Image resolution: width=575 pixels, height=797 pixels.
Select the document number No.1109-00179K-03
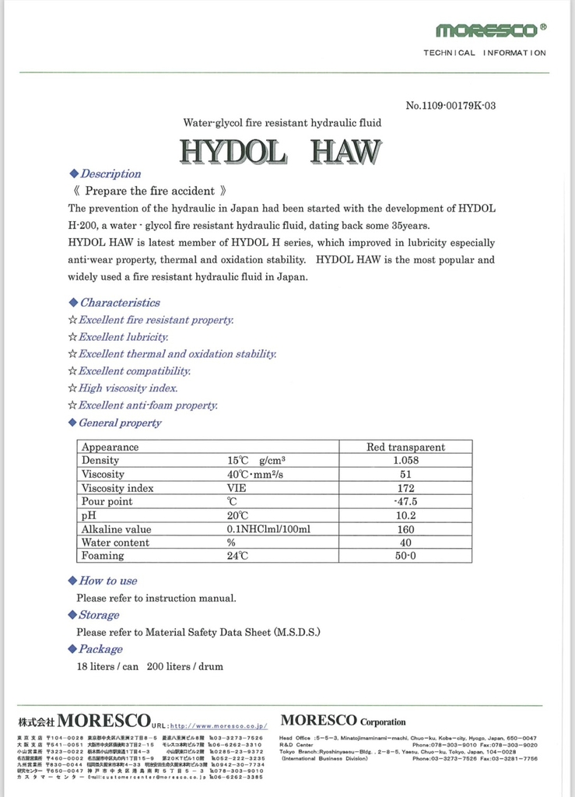tap(451, 106)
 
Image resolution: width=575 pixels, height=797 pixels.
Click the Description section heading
tap(110, 174)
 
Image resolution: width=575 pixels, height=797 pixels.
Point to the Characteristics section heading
tap(120, 303)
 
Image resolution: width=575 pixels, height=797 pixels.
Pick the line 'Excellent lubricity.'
tap(124, 337)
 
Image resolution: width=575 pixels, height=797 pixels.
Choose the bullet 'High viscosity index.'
tap(128, 388)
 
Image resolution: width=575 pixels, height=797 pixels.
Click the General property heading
tap(120, 423)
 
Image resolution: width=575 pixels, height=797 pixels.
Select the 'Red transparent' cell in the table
tap(405, 448)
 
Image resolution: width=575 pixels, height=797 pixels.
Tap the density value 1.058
tap(405, 461)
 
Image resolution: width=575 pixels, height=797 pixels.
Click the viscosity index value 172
tap(405, 489)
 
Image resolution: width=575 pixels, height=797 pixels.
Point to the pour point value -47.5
tap(405, 502)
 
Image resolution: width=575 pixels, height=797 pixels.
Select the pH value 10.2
tap(405, 515)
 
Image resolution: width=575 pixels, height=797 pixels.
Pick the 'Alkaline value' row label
tap(117, 529)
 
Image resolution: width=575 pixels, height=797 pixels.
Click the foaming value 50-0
tap(405, 556)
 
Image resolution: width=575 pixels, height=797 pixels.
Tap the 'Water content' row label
tap(116, 542)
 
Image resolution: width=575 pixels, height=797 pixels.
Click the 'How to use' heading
tap(107, 581)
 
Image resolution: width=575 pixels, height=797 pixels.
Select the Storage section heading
tap(99, 615)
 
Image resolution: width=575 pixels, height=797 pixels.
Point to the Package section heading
tap(100, 649)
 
